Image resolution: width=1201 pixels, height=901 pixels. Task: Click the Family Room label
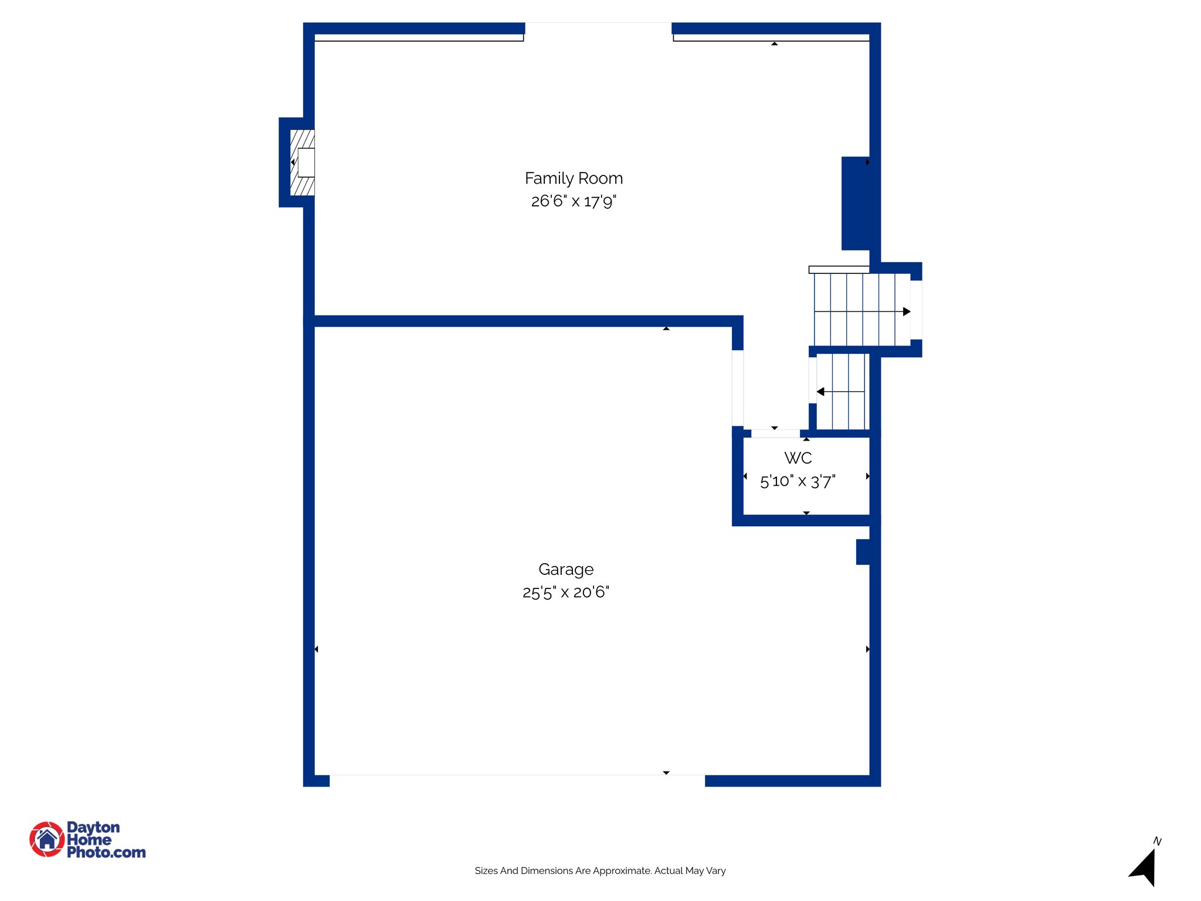click(x=574, y=178)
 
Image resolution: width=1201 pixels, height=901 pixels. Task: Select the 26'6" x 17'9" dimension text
click(x=574, y=201)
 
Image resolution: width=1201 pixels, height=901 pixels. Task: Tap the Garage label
click(x=566, y=570)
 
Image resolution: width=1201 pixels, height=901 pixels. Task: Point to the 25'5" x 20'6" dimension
click(x=566, y=592)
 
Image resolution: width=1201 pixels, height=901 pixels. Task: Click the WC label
click(x=798, y=458)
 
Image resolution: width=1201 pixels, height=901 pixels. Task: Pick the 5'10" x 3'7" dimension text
click(x=798, y=482)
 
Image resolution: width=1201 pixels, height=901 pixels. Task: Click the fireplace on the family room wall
click(x=303, y=162)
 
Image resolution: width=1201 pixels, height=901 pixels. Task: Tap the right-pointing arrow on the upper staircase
click(x=907, y=311)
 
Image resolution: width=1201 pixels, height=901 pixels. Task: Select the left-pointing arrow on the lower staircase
click(x=820, y=392)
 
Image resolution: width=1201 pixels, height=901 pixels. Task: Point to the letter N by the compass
click(x=1157, y=841)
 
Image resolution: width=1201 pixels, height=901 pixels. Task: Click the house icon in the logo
click(x=47, y=839)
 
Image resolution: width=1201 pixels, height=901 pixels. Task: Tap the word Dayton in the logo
click(x=93, y=828)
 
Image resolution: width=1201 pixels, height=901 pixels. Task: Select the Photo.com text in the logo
click(x=106, y=852)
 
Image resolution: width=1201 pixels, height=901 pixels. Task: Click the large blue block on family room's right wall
click(x=856, y=204)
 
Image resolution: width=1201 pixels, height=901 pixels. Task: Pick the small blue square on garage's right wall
click(x=863, y=552)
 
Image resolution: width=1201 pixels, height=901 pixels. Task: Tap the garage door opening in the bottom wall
click(x=517, y=780)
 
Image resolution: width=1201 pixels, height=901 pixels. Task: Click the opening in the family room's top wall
click(x=598, y=29)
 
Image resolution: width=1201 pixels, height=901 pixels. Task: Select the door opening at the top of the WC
click(x=775, y=434)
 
